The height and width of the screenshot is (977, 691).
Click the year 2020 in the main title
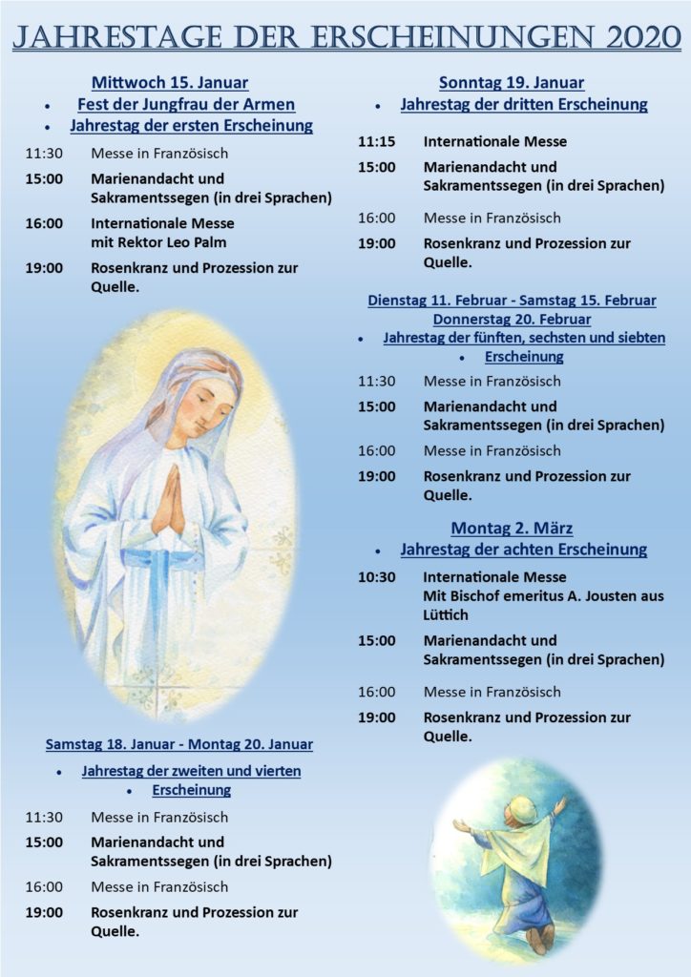tap(630, 36)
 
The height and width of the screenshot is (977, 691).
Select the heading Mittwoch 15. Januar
tap(169, 82)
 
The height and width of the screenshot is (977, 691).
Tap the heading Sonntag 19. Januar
tap(512, 82)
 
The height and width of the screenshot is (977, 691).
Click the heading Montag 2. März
tap(512, 528)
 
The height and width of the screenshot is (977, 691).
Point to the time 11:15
tap(376, 141)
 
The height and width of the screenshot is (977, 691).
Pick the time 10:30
tap(376, 577)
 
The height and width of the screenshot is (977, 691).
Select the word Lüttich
tap(446, 615)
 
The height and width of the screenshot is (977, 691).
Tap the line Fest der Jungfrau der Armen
tap(185, 104)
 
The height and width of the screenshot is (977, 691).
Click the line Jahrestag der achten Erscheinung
tap(524, 550)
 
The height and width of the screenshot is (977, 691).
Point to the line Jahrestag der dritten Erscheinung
tap(524, 104)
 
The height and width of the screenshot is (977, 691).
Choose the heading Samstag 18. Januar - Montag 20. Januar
tap(178, 743)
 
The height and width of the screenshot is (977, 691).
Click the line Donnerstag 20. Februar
tap(512, 319)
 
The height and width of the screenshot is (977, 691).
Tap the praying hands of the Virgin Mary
tap(169, 503)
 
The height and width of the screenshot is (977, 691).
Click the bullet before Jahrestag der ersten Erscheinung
tap(48, 127)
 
